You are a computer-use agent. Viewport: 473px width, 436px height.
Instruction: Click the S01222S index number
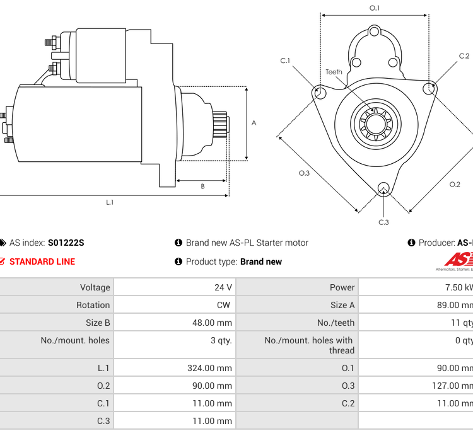66,243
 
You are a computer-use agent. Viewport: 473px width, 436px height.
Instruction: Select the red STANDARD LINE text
42,261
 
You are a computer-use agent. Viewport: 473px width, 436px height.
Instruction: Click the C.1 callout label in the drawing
286,60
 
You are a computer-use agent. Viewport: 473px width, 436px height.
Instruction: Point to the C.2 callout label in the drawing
464,55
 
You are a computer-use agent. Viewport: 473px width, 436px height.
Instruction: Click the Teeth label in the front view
334,72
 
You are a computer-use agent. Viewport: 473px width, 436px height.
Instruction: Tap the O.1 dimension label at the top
375,8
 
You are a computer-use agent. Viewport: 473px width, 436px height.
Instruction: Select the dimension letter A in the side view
254,123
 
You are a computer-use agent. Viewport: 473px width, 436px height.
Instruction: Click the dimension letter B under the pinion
202,186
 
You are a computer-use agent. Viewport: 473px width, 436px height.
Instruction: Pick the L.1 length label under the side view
110,202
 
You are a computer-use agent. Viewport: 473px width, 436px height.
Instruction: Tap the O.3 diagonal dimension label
304,173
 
